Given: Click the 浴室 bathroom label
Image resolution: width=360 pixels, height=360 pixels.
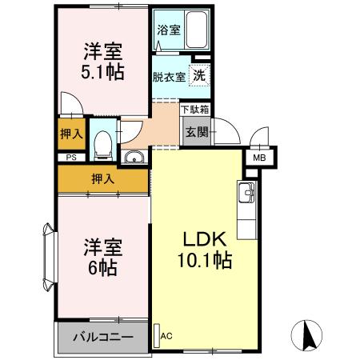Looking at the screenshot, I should pyautogui.click(x=169, y=30).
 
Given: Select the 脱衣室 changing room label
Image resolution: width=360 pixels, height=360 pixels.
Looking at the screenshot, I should pyautogui.click(x=169, y=77).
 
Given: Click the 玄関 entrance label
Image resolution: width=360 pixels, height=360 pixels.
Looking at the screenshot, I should pyautogui.click(x=197, y=132).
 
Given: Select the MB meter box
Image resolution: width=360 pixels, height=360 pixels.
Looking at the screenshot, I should pyautogui.click(x=259, y=158).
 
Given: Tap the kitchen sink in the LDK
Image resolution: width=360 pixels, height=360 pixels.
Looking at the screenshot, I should pyautogui.click(x=245, y=192).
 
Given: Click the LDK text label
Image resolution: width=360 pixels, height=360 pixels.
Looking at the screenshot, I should pyautogui.click(x=204, y=238).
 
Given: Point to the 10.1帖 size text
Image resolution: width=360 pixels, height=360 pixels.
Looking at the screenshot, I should pyautogui.click(x=205, y=260).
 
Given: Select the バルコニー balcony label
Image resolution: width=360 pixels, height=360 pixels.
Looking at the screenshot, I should pyautogui.click(x=104, y=337).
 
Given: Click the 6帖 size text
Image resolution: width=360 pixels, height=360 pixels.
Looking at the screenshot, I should pyautogui.click(x=102, y=269).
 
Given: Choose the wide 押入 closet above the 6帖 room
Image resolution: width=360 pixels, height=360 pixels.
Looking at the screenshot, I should pyautogui.click(x=102, y=178).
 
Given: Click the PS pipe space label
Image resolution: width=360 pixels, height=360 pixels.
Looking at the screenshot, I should pyautogui.click(x=71, y=158).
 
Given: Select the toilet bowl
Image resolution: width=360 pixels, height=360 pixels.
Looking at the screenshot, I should pyautogui.click(x=102, y=145).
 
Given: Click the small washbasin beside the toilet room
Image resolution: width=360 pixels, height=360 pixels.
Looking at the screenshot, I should pyautogui.click(x=134, y=156).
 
